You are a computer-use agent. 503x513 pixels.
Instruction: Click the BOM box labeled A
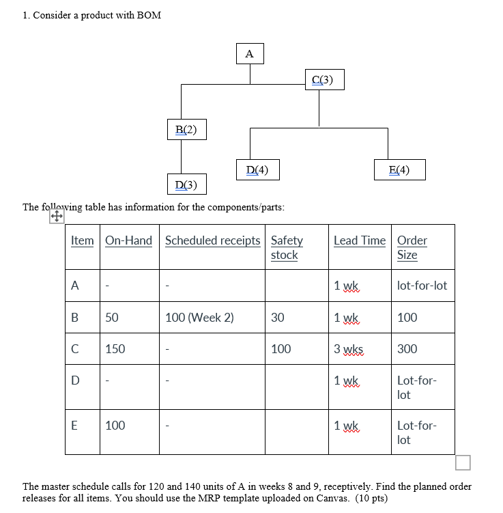point(249,53)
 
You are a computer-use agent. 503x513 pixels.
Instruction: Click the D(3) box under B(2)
point(186,184)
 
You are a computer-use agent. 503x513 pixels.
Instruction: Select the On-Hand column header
point(129,240)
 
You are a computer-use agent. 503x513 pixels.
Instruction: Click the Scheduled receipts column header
point(212,240)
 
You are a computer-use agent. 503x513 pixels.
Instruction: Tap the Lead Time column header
point(360,240)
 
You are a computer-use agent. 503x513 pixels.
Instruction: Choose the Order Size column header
point(412,247)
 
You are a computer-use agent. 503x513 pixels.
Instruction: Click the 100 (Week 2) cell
point(199,318)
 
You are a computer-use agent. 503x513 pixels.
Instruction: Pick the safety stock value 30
point(278,318)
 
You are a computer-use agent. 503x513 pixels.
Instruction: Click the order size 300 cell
point(407,349)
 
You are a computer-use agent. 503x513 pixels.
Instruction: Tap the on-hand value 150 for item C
point(115,349)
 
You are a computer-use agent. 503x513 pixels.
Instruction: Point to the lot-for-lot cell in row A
point(422,286)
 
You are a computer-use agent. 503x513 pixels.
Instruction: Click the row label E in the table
point(74,426)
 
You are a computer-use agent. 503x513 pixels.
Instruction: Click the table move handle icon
point(57,217)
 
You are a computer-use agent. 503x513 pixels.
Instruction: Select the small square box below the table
point(463,463)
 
